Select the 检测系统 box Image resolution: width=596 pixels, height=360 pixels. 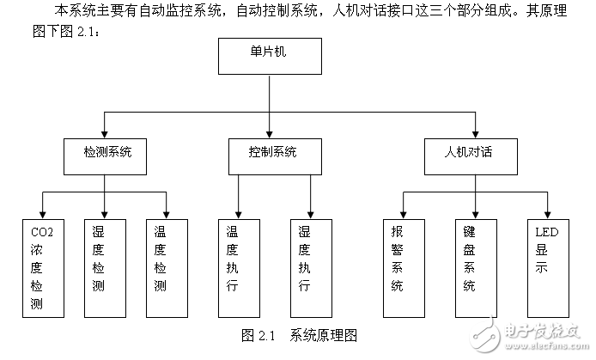click(x=104, y=155)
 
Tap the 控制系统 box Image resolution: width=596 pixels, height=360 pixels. click(x=271, y=155)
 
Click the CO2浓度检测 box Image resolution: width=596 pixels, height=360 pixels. click(x=43, y=266)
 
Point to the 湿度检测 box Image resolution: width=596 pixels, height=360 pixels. click(x=104, y=266)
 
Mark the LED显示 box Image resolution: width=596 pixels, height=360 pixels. click(x=547, y=266)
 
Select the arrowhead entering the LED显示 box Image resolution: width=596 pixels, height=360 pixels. click(x=547, y=214)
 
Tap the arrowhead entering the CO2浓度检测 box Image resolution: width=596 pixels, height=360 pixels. click(x=43, y=214)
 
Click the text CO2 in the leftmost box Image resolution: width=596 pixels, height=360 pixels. click(x=42, y=232)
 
